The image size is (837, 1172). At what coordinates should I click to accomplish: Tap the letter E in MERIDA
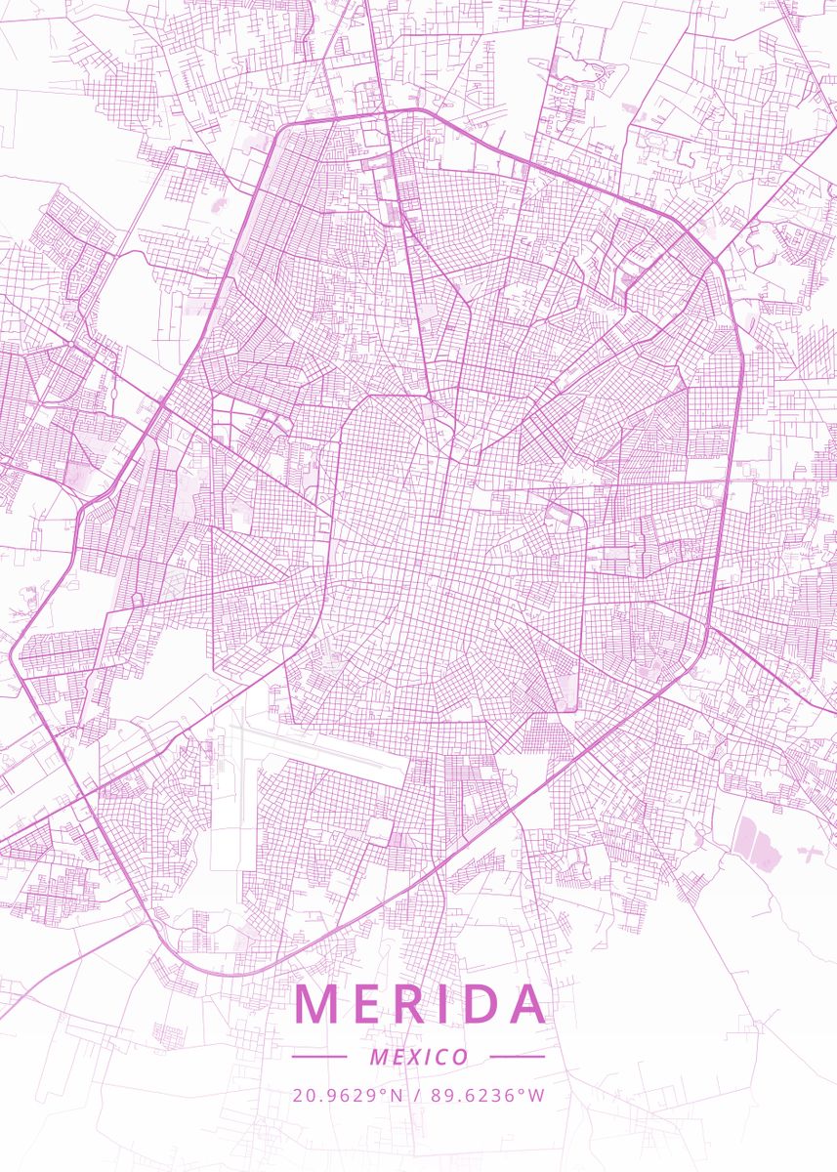367,1004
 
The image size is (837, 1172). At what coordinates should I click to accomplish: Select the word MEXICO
419,1058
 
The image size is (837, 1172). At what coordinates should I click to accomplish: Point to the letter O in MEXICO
460,1058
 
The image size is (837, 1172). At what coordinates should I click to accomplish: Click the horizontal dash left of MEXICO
319,1057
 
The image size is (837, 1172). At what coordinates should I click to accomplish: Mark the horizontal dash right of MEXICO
518,1057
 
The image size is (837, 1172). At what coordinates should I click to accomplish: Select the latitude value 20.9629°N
348,1095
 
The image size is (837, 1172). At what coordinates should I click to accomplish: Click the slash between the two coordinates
416,1095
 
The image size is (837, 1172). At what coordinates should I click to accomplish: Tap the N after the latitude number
397,1095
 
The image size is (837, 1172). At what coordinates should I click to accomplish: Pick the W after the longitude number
537,1095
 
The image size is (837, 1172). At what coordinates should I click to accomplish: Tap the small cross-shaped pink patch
810,852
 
